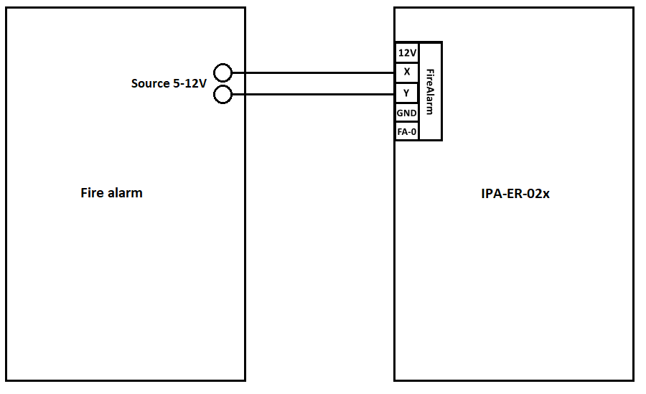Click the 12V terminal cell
[407, 52]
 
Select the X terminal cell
[407, 72]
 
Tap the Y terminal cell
[407, 92]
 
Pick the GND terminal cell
[407, 113]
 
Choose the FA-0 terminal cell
[407, 131]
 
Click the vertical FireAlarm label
[430, 91]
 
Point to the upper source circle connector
[223, 72]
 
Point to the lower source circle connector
[223, 95]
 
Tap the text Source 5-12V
[169, 83]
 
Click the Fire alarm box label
[111, 193]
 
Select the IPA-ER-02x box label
[515, 194]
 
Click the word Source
[150, 83]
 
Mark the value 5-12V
[189, 83]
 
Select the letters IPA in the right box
[491, 194]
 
